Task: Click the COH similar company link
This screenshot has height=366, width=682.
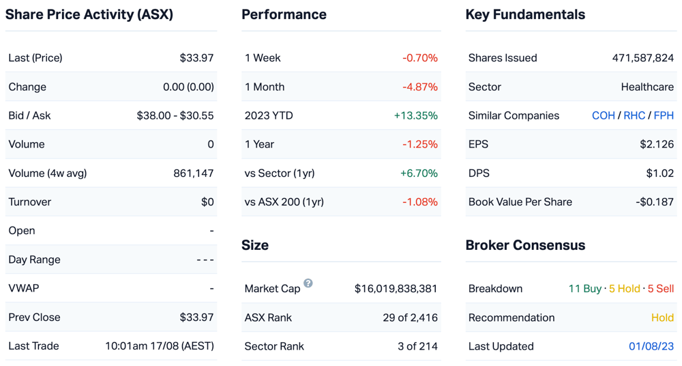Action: point(604,115)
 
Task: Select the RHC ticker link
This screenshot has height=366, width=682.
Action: point(634,115)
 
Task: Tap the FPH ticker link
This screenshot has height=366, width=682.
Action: point(664,115)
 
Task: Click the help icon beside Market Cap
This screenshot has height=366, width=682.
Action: point(308,283)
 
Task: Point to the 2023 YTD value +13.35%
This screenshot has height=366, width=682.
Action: point(416,115)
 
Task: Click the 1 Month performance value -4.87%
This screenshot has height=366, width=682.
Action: point(420,87)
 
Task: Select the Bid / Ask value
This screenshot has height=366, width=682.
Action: point(175,115)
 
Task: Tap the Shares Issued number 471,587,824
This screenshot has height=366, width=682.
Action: point(643,58)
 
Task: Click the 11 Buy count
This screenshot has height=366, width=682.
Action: point(585,288)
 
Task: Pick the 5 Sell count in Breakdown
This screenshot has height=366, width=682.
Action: point(661,288)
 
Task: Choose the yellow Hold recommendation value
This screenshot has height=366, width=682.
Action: point(662,318)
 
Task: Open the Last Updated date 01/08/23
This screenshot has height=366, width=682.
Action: point(651,346)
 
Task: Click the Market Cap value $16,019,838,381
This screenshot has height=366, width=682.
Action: point(396,288)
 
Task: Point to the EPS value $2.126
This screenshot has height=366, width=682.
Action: point(657,144)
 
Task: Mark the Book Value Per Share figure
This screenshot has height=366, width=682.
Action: point(655,201)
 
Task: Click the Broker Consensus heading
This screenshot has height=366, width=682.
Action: point(525,245)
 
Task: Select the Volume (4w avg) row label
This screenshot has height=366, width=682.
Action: point(48,173)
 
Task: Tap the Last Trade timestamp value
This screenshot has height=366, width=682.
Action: point(160,346)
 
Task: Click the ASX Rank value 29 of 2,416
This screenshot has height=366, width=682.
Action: point(410,318)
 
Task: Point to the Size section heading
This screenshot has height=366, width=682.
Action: point(255,245)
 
